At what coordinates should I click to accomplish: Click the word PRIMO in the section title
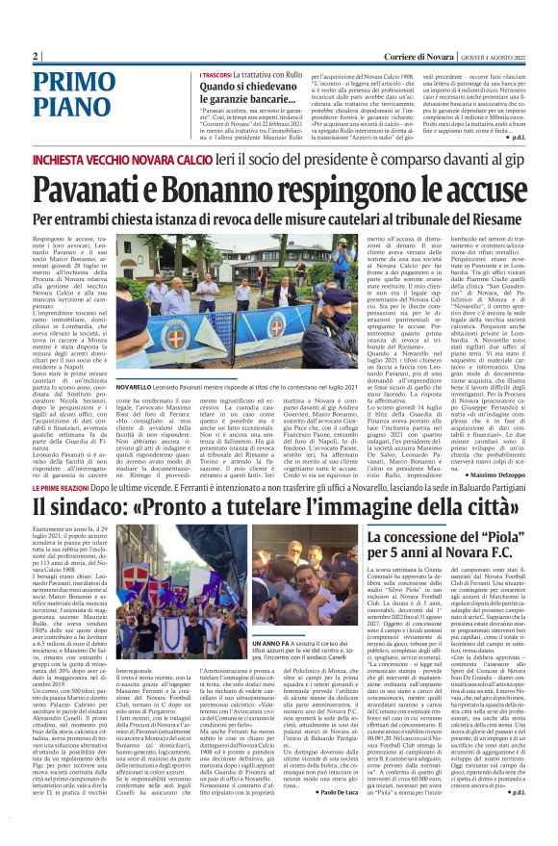(x=76, y=84)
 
